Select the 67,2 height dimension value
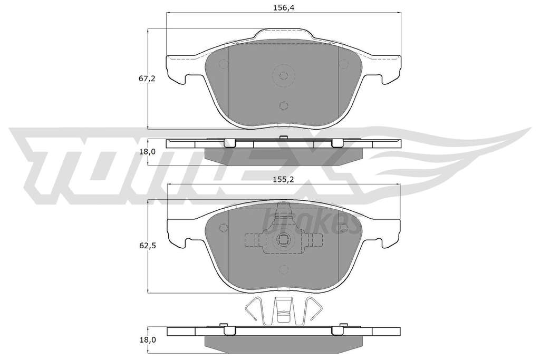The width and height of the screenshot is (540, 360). click(x=147, y=79)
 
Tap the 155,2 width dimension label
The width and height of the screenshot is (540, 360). click(x=283, y=179)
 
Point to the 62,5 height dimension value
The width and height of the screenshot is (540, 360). click(x=147, y=246)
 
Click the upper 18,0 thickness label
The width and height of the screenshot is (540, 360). click(x=147, y=152)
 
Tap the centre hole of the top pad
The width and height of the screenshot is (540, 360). click(x=283, y=75)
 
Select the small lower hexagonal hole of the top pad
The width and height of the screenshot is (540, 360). click(x=283, y=105)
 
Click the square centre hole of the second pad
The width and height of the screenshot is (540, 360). click(x=283, y=239)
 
